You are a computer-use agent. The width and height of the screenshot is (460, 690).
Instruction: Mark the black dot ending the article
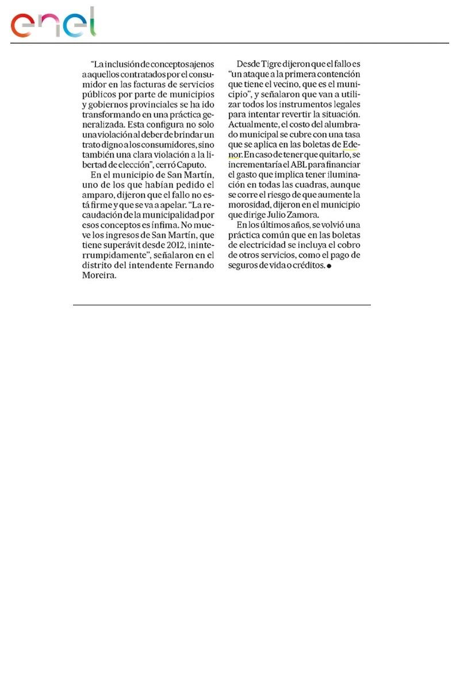pos(329,267)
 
